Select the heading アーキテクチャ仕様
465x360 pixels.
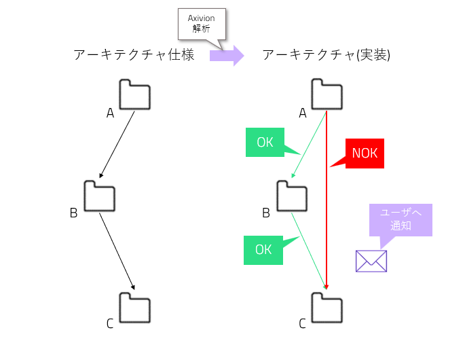tap(134, 55)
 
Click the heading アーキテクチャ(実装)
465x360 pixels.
tap(326, 55)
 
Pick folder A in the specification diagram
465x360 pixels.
tap(134, 94)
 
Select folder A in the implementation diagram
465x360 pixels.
tap(327, 94)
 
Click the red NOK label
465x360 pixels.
tap(365, 154)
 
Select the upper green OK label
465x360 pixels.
tap(265, 143)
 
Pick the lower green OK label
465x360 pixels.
tap(263, 249)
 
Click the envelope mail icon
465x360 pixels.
tap(371, 261)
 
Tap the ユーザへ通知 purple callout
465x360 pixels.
tap(401, 219)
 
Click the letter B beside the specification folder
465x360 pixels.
tap(73, 213)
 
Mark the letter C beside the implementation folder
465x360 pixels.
tap(303, 324)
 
